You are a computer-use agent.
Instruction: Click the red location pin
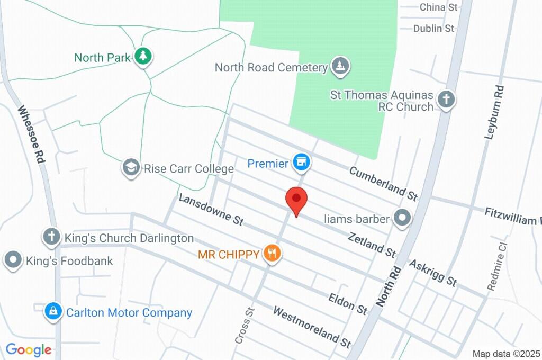click(x=296, y=200)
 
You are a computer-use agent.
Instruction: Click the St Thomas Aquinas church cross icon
click(x=447, y=99)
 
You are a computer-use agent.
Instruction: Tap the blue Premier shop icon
click(x=302, y=163)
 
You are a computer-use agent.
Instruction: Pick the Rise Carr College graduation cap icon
click(x=130, y=168)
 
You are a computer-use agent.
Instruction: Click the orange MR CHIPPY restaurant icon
click(x=272, y=253)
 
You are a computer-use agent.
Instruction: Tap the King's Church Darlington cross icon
click(x=51, y=237)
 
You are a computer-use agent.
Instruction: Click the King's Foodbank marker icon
click(x=13, y=260)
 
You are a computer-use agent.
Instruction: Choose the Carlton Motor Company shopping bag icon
click(x=53, y=312)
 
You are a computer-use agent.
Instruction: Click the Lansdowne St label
click(x=211, y=210)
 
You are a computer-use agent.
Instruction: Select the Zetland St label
click(x=372, y=244)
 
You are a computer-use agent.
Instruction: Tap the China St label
click(x=438, y=7)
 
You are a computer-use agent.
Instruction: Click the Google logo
click(x=29, y=349)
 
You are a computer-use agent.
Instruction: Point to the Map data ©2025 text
click(x=507, y=354)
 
